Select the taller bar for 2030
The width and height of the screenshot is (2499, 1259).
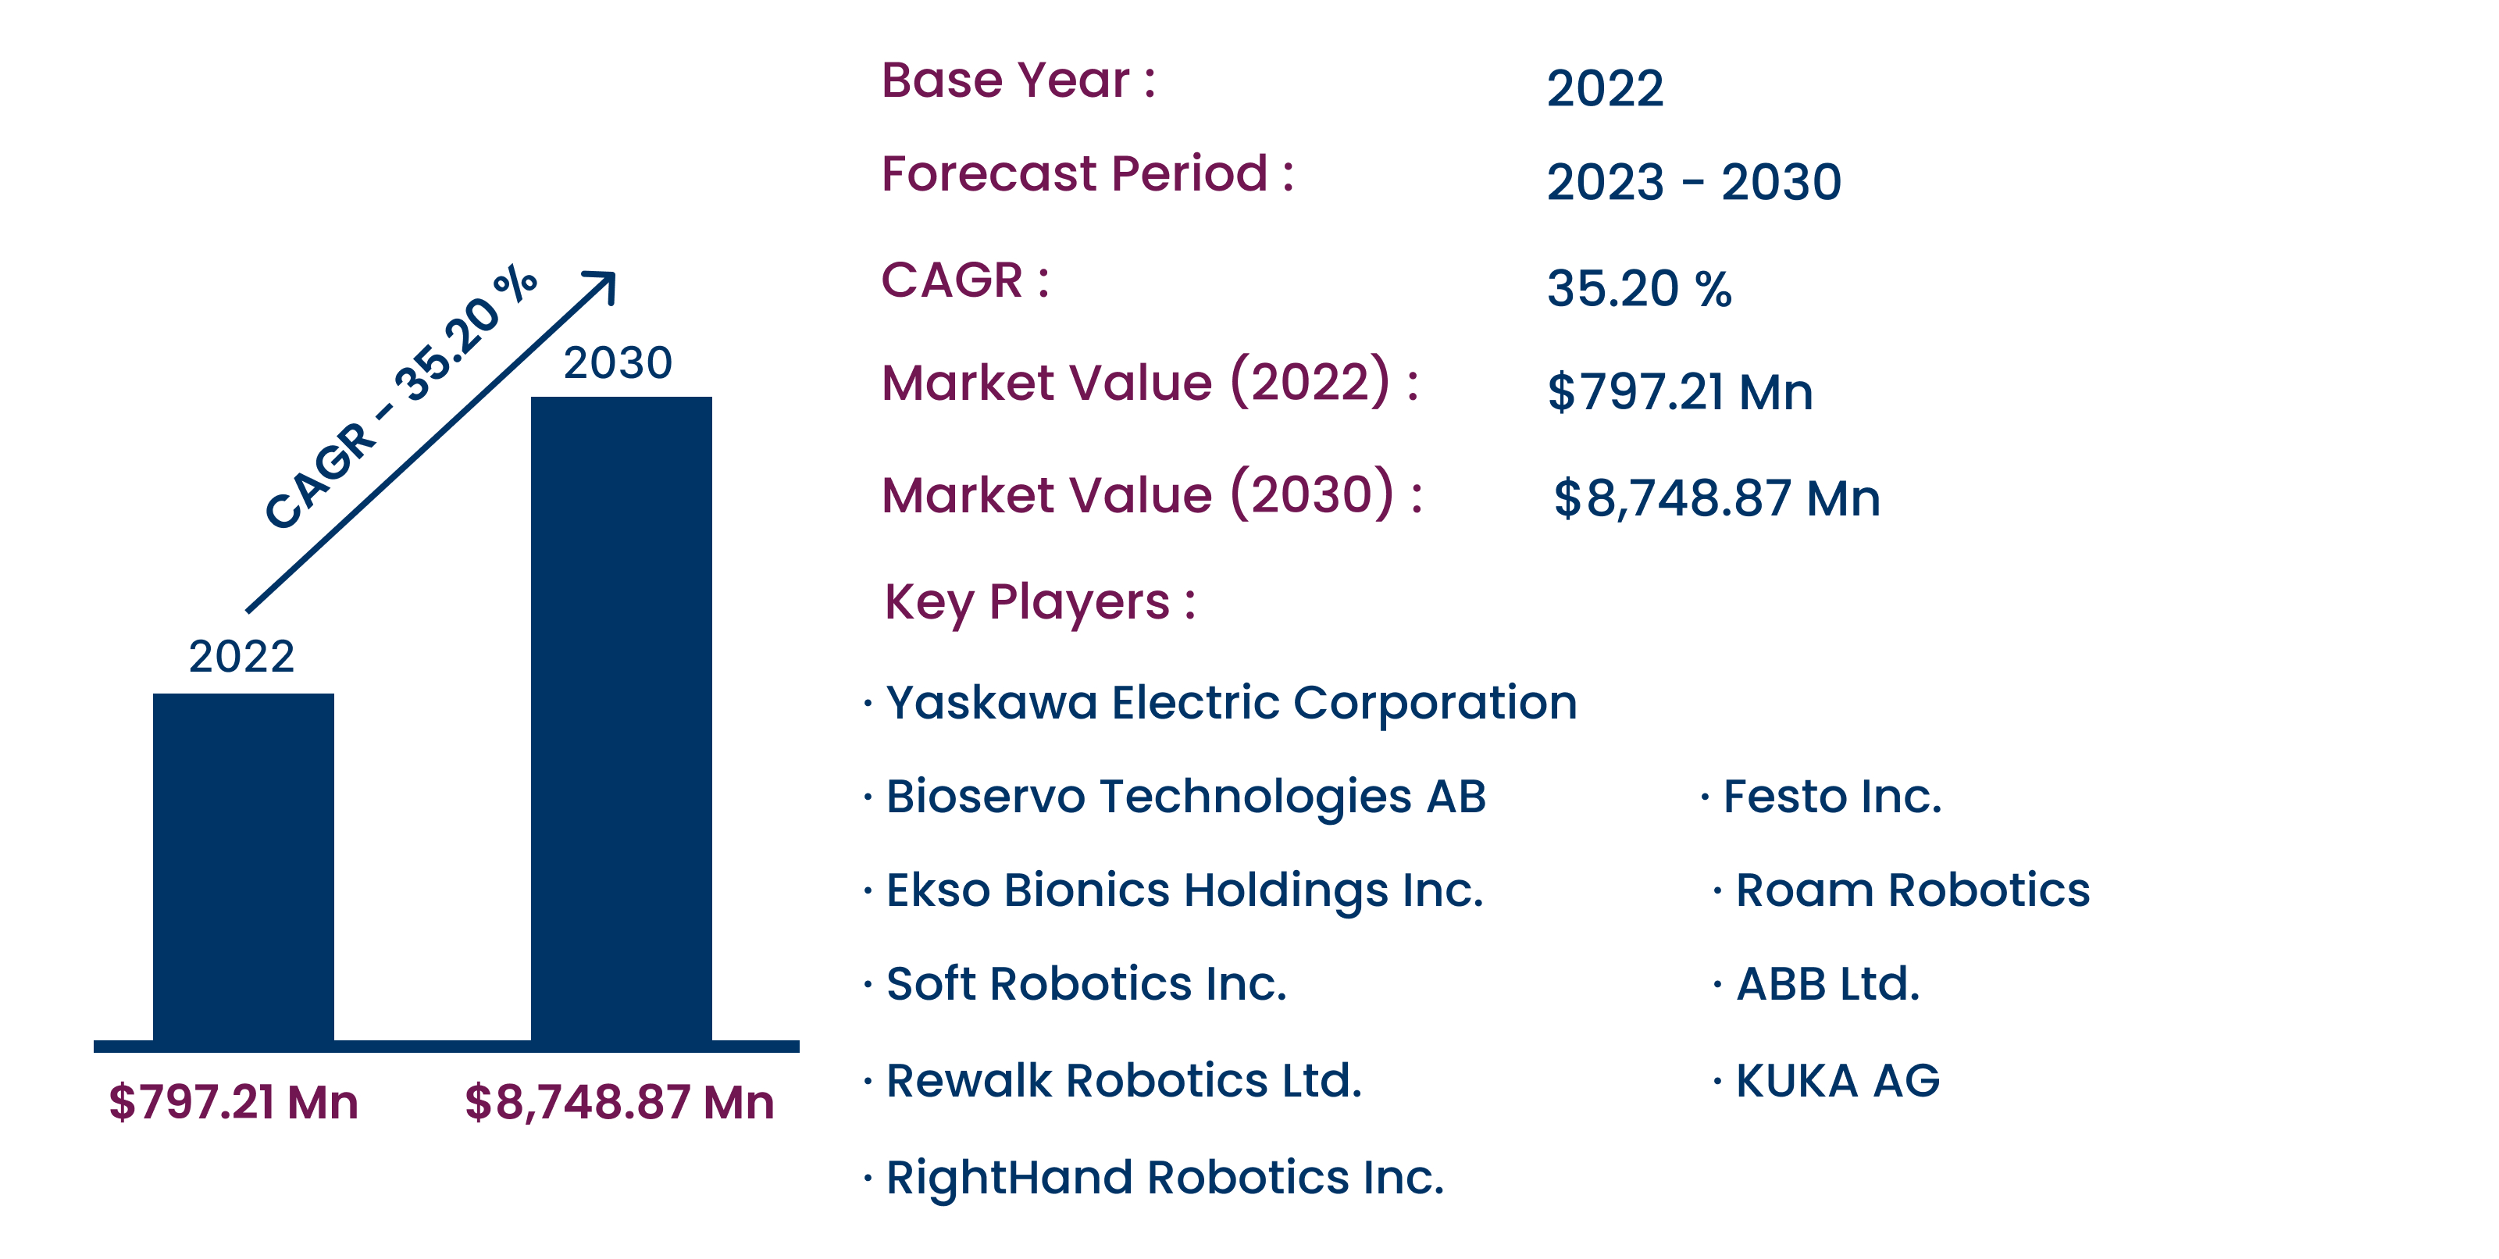coord(621,719)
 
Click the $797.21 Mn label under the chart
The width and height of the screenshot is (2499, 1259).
coord(233,1102)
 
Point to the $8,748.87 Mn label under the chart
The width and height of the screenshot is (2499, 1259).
coord(619,1103)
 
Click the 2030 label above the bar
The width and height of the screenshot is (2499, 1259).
coord(618,362)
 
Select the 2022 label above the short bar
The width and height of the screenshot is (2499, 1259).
coord(241,657)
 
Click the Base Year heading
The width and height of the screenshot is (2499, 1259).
coord(1018,80)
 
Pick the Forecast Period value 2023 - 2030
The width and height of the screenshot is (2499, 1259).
coord(1694,182)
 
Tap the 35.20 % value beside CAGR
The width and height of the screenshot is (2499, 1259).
coord(1639,289)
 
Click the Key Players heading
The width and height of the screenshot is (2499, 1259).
coord(1040,602)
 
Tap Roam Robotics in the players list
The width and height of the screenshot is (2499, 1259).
coord(1912,890)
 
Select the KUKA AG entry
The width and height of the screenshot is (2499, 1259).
coord(1838,1080)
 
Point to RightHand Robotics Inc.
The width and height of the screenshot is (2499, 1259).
coord(1164,1179)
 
